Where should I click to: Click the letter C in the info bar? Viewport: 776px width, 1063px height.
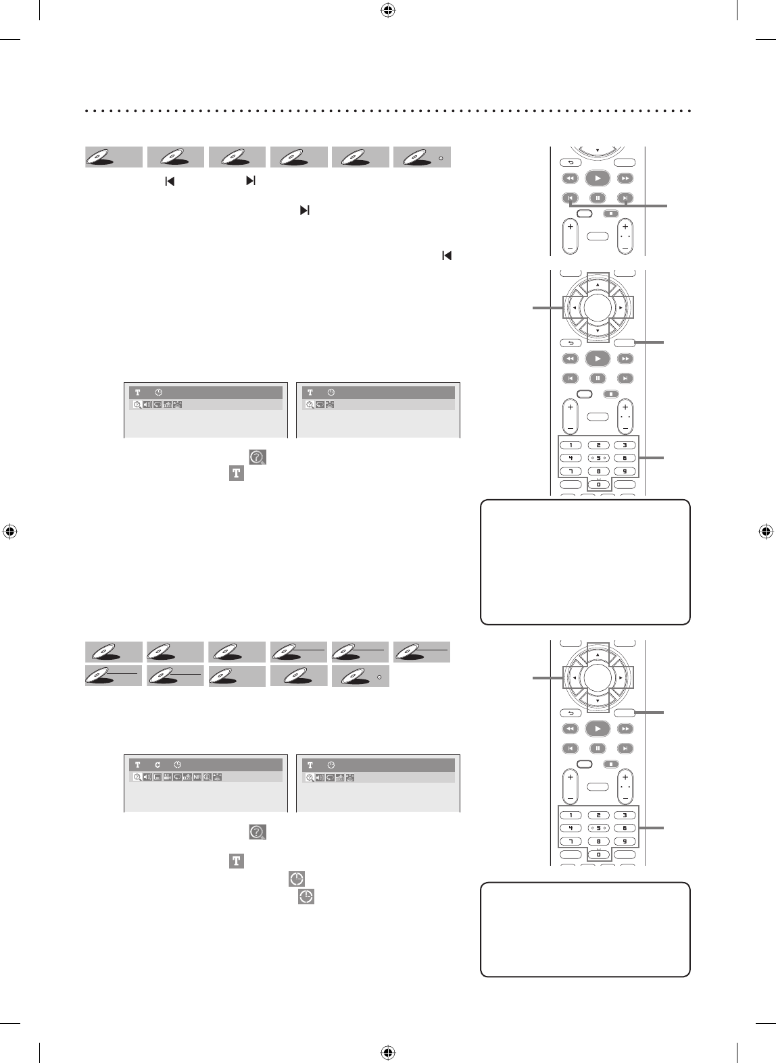(157, 764)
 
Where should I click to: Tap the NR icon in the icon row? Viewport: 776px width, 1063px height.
(197, 777)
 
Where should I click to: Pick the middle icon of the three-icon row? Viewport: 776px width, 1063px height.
(320, 405)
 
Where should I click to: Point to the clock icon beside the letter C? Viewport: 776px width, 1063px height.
(178, 764)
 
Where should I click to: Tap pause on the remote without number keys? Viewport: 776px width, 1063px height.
(598, 198)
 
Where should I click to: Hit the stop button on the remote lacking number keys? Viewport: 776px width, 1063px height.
(611, 213)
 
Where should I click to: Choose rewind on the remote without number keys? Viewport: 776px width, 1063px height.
(570, 178)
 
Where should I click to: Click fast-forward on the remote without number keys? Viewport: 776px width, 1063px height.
(626, 178)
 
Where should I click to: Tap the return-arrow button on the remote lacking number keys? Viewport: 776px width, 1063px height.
(570, 162)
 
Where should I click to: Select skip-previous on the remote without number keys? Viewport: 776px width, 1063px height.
(570, 198)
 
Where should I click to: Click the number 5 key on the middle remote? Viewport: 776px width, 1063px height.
(598, 458)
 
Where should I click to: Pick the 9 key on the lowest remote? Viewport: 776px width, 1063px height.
(625, 841)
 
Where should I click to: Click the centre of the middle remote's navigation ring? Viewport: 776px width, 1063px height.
(598, 307)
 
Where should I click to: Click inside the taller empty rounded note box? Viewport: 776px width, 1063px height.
(585, 562)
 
